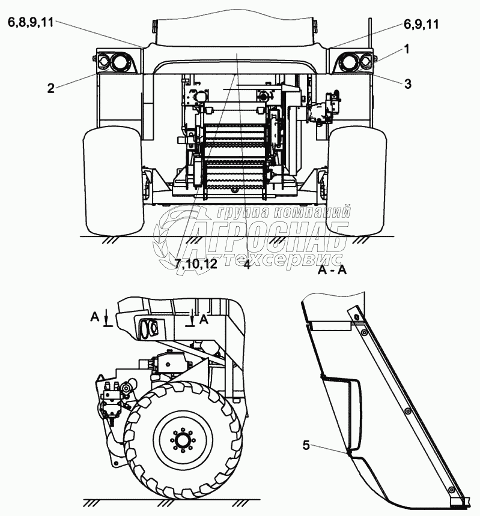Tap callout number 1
click(x=407, y=50)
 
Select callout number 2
click(x=51, y=88)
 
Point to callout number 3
click(x=407, y=85)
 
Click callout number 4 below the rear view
click(x=247, y=264)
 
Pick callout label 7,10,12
click(x=196, y=264)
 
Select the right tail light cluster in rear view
click(x=353, y=61)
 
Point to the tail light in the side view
click(x=149, y=328)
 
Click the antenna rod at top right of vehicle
click(x=371, y=33)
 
